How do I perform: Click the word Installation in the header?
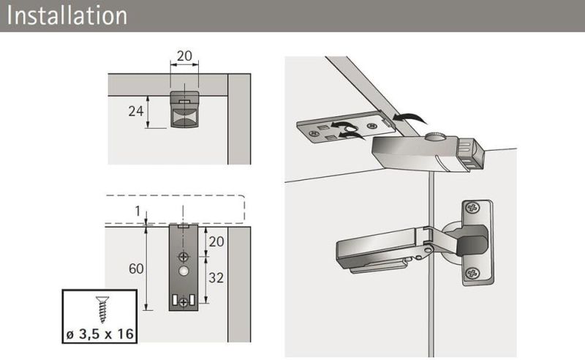(67, 15)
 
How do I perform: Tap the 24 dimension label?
(136, 111)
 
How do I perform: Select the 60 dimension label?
(136, 269)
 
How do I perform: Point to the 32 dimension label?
(216, 277)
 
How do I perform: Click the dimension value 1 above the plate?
(137, 211)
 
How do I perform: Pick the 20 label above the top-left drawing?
(184, 56)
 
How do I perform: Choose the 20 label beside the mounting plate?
(216, 241)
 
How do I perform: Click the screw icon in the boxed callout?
(102, 310)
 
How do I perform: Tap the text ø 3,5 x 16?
(100, 334)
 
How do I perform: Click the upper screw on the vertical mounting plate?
(184, 257)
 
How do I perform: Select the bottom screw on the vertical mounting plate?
(184, 302)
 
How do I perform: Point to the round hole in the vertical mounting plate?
(184, 271)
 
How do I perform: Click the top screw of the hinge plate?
(472, 208)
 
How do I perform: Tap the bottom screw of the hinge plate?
(472, 274)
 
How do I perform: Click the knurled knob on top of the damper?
(436, 136)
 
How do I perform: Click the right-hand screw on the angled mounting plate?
(371, 126)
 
